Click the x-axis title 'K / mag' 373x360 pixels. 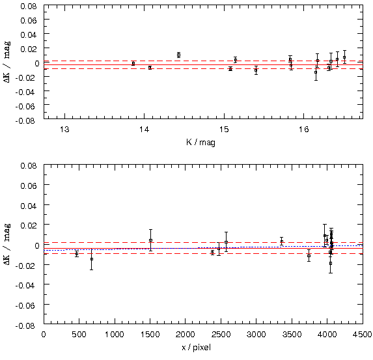200,143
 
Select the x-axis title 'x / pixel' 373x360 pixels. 196,348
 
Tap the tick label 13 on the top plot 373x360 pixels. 64,130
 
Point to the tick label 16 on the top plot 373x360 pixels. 303,130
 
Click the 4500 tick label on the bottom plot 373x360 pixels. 363,335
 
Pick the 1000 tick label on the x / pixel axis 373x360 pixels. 115,335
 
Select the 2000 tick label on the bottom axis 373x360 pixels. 185,335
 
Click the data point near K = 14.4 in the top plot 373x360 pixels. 178,55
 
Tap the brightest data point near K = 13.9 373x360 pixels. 133,64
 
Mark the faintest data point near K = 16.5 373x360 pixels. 344,57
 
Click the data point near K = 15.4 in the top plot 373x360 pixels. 256,70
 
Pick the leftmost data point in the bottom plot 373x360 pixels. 77,254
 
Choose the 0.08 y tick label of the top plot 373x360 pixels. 29,7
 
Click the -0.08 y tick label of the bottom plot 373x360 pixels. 26,325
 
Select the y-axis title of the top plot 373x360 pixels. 7,62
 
